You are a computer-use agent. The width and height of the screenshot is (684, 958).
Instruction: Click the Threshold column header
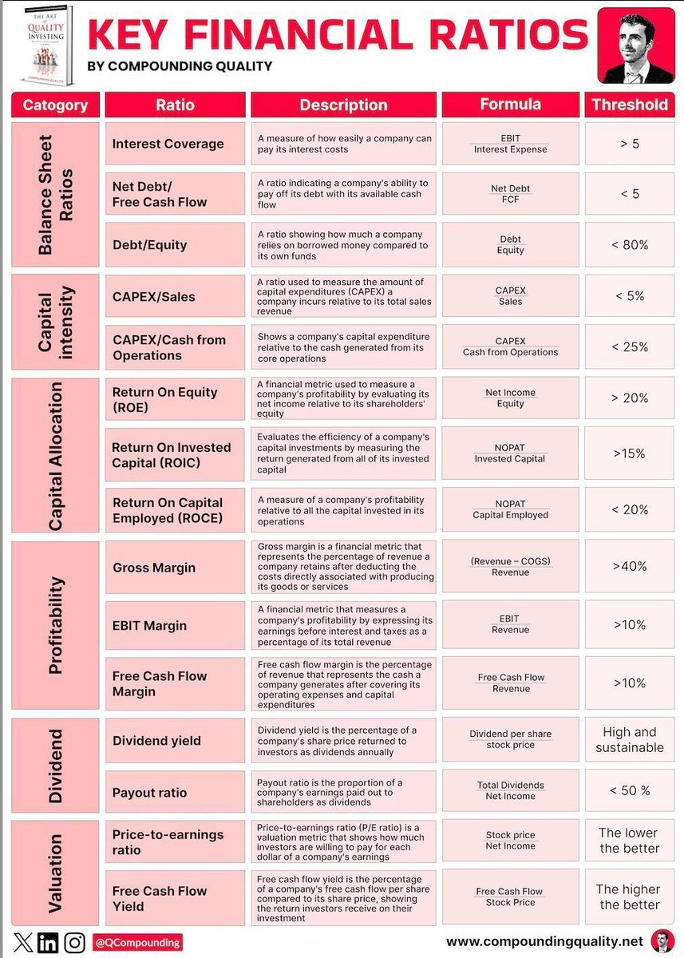coord(630,105)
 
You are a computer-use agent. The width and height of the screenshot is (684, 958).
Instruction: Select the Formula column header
coord(510,105)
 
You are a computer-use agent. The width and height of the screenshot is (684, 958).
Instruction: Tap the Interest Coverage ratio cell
coord(175,144)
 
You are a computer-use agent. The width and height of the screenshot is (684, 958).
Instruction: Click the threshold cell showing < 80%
coord(630,245)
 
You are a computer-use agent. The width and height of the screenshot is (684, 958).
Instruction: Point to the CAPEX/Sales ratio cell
coord(175,297)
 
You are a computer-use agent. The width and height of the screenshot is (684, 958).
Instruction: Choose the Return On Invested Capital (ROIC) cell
coord(175,455)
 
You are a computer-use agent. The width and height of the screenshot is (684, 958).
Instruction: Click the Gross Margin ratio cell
coord(175,568)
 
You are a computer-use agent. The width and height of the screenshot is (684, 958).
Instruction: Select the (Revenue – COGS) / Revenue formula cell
coord(510,567)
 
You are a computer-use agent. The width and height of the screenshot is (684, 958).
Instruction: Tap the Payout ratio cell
coord(175,792)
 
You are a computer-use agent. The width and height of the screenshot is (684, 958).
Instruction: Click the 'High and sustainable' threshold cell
coord(630,740)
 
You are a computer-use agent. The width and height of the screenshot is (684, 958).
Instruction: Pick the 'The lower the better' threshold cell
coord(630,841)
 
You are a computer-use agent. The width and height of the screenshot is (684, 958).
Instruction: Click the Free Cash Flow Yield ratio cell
coord(175,898)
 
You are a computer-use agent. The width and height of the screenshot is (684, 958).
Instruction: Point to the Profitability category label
coord(55,626)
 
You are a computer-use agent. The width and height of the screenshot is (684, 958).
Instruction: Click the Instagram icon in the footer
coord(75,942)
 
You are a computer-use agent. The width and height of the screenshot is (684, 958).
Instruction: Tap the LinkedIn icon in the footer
coord(48,942)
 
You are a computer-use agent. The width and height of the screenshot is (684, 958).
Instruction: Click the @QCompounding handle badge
coord(137,943)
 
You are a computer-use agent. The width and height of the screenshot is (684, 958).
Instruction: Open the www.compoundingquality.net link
coord(544,943)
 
